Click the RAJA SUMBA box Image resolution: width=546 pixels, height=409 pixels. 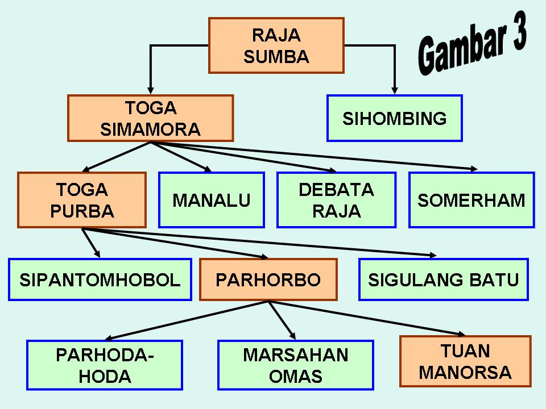(276, 45)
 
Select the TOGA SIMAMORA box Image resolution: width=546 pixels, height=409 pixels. (151, 118)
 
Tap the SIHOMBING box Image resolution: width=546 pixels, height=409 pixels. (394, 118)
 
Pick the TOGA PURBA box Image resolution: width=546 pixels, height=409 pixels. (82, 200)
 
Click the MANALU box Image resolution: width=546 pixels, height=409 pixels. (211, 200)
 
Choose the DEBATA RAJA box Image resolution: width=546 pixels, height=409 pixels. (336, 200)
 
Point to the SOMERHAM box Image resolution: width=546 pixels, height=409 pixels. (471, 200)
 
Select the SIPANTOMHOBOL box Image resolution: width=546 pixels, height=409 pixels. (100, 279)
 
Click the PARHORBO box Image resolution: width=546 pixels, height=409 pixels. (268, 279)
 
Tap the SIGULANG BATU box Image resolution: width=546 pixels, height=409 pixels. (443, 279)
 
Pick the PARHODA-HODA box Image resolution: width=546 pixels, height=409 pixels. (105, 365)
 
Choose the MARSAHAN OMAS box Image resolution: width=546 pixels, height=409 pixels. (295, 365)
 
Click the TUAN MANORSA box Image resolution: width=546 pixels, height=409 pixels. (465, 361)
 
